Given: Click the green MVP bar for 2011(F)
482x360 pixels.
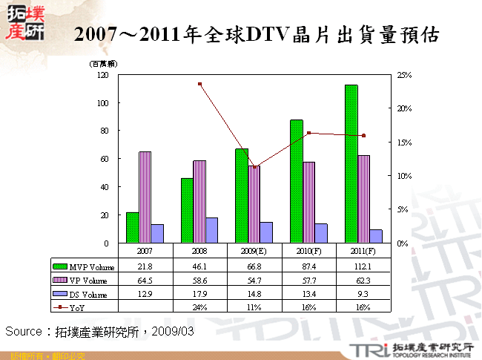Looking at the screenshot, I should (351, 163).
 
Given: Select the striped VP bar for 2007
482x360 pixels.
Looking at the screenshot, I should (145, 197).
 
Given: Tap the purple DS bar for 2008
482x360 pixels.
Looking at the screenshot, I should (212, 230).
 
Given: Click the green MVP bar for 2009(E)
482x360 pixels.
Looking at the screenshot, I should (241, 195).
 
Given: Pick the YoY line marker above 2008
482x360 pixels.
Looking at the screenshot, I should (199, 84).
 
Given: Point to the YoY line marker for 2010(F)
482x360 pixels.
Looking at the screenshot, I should (308, 134).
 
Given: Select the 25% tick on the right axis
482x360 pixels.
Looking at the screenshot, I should (404, 75).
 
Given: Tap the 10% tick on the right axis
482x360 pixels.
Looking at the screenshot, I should (404, 176).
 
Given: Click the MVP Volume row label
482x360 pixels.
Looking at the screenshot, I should (89, 266).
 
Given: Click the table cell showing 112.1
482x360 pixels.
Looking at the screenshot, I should (363, 266).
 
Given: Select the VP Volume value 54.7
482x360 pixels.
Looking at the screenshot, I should (254, 280).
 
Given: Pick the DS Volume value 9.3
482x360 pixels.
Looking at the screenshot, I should (363, 294).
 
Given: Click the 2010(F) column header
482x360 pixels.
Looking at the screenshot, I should (308, 251).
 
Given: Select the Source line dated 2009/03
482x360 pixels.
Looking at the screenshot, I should (99, 331).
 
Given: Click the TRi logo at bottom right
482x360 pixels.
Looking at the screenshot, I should (366, 348).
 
